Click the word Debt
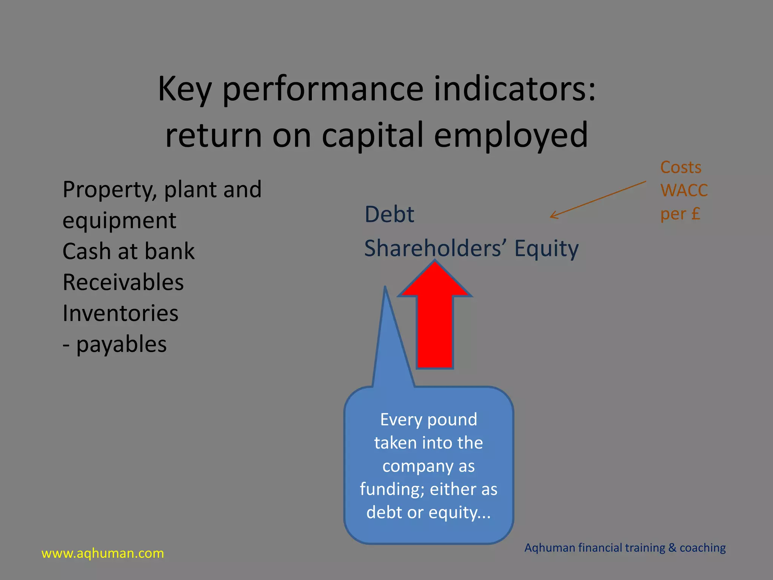pos(389,214)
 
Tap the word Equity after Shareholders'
pos(546,249)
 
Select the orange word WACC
pos(684,190)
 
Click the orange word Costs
pos(681,167)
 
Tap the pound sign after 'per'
pos(696,213)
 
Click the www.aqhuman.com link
pos(103,553)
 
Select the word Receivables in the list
pos(123,282)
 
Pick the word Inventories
pos(120,313)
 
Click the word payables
pos(121,344)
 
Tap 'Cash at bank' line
pos(128,251)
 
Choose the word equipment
pos(119,221)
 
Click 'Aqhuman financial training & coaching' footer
pos(625,548)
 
